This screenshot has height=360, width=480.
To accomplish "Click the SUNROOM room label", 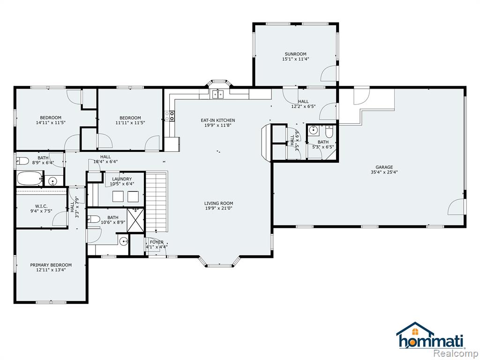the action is point(295,54).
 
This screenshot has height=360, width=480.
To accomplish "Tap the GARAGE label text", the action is point(384,167).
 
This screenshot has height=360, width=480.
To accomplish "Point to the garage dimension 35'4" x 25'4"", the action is point(384,172).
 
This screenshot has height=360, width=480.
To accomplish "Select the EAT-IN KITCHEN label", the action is point(218,120).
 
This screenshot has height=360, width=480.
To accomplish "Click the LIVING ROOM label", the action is point(218,203).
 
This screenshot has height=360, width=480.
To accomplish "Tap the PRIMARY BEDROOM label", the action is point(51,265).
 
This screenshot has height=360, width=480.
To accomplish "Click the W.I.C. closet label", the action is point(41,206).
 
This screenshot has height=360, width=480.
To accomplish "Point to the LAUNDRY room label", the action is point(122,179).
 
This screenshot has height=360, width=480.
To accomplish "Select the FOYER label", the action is point(157,242).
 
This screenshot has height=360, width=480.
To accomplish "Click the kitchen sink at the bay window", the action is point(218,94).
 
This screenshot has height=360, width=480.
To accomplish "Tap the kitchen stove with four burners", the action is point(170,115).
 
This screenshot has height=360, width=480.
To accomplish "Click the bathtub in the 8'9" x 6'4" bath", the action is point(30,179).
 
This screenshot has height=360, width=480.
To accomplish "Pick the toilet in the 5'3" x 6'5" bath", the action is point(329,132).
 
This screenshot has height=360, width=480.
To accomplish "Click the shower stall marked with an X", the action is point(135,220).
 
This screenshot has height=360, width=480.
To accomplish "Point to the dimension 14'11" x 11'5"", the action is point(51,122).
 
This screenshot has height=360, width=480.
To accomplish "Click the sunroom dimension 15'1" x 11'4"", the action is point(295,59).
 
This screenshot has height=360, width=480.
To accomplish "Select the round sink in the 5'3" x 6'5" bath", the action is point(313,130).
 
